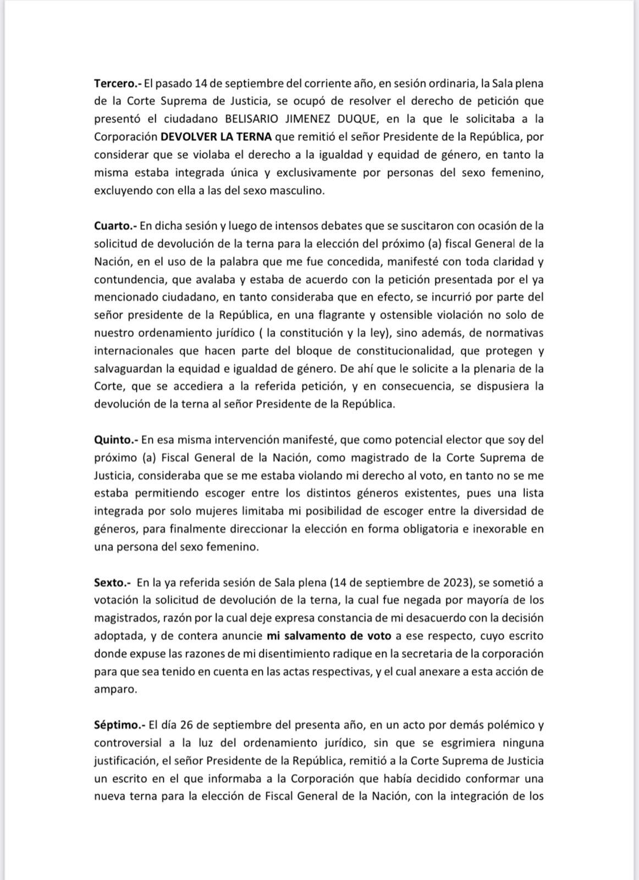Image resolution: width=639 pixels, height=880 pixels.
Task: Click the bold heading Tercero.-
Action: click(x=118, y=84)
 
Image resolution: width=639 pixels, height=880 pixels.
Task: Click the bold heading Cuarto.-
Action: click(x=115, y=226)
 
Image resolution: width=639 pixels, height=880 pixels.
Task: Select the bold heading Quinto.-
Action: click(x=115, y=440)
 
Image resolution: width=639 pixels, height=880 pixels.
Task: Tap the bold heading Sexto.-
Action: click(x=113, y=582)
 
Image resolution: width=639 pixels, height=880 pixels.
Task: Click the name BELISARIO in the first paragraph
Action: click(x=250, y=119)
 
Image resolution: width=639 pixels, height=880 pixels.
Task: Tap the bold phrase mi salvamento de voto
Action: click(x=329, y=636)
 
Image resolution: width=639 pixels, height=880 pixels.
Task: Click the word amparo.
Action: click(x=115, y=690)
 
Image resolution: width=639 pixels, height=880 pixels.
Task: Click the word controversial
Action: click(x=128, y=743)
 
